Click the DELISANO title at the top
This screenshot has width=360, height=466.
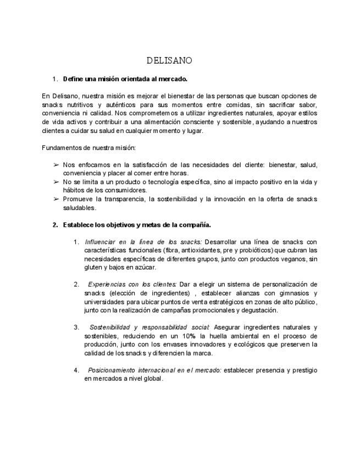pyautogui.click(x=169, y=59)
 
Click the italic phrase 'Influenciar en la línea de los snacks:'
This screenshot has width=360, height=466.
pyautogui.click(x=143, y=242)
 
